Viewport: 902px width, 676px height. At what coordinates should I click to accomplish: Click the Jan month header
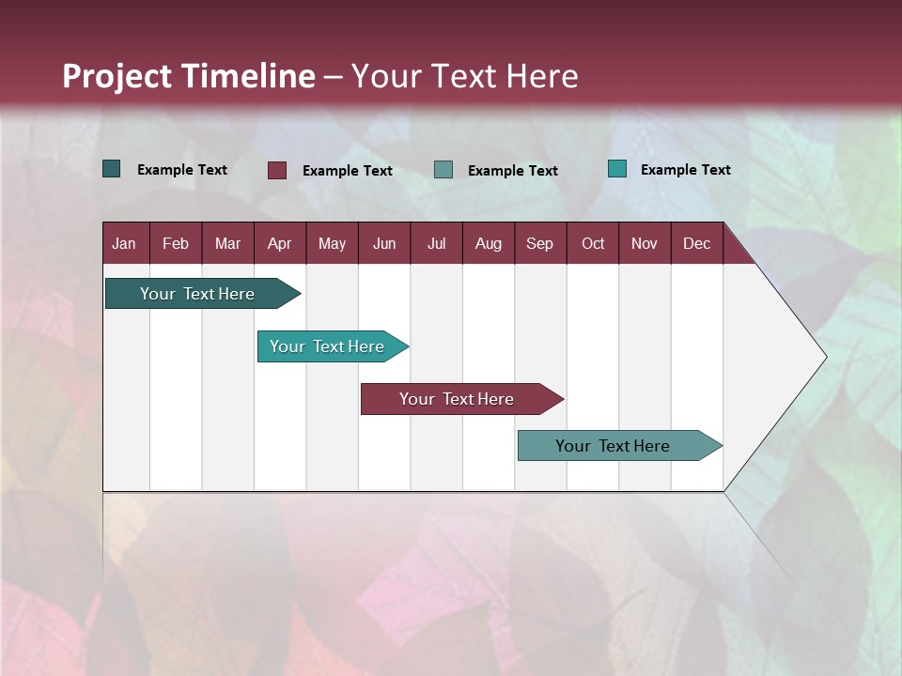[x=125, y=243]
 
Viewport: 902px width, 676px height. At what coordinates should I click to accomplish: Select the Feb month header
[x=176, y=243]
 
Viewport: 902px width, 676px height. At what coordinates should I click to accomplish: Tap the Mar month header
[x=227, y=243]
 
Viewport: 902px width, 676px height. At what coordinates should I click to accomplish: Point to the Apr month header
[x=280, y=243]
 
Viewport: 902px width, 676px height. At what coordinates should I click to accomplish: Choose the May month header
[x=332, y=243]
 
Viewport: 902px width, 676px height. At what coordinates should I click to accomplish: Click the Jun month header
[x=384, y=243]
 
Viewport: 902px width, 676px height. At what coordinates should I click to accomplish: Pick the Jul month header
[x=436, y=243]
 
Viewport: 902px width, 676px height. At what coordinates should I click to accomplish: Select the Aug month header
[x=489, y=243]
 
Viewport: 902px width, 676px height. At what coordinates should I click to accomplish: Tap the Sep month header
[x=540, y=243]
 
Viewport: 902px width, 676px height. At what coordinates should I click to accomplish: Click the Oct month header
[x=593, y=243]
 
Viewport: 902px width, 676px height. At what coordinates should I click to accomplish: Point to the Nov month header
[x=645, y=243]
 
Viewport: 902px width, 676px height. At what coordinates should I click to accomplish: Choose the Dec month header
[x=697, y=243]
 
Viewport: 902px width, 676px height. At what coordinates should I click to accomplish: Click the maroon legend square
[x=277, y=170]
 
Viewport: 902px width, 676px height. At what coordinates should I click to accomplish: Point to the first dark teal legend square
[x=112, y=169]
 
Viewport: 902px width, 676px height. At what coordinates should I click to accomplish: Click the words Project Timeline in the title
[x=189, y=76]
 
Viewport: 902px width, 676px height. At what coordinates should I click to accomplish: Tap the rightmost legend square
[x=617, y=169]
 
